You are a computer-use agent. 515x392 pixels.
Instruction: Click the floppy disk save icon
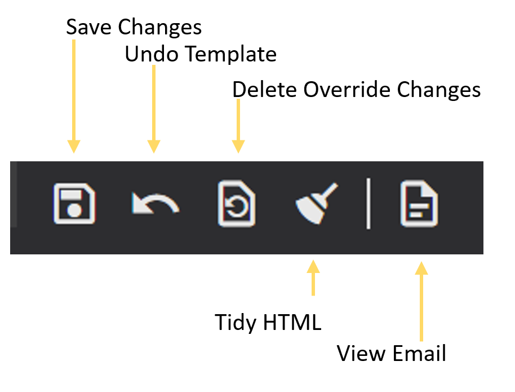74,204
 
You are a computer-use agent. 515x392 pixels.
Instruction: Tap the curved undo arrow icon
155,202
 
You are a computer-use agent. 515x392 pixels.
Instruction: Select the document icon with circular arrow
237,203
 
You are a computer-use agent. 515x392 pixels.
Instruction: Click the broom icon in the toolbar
316,203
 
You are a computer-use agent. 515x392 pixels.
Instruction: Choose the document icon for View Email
419,203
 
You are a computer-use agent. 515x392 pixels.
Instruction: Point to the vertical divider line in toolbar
369,203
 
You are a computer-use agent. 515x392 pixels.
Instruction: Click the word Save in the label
88,27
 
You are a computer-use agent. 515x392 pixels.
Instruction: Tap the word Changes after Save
160,28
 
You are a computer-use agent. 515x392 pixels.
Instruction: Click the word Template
231,55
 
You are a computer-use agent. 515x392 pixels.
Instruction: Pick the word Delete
265,90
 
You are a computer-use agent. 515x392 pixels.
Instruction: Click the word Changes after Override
439,90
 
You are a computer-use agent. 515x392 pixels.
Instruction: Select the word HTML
292,322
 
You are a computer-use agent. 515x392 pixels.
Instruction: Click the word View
361,354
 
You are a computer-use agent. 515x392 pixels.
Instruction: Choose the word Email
419,354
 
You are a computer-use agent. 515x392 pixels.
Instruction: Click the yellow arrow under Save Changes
74,96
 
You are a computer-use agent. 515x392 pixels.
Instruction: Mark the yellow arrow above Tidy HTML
313,278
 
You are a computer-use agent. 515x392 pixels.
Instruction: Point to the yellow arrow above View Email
421,302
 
